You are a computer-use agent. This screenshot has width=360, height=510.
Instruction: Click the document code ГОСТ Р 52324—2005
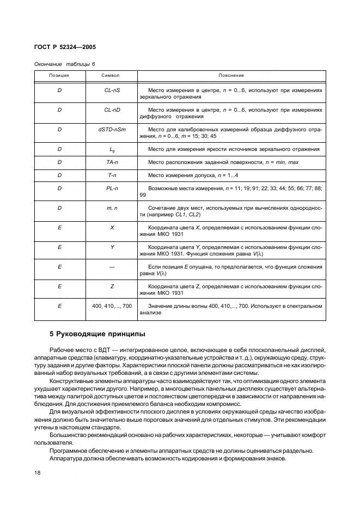point(65,47)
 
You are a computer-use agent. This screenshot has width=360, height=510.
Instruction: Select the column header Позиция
point(59,75)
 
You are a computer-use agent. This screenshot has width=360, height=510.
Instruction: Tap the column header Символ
point(112,75)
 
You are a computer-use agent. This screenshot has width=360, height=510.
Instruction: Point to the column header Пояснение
point(231,75)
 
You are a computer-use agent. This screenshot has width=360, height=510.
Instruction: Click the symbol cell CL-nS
point(112,89)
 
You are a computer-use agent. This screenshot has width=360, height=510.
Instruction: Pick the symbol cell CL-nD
point(112,110)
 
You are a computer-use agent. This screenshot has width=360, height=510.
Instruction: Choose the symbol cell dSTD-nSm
point(112,129)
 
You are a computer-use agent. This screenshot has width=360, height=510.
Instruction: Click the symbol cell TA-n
point(112,162)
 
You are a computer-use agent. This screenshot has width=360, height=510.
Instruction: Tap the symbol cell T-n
point(112,175)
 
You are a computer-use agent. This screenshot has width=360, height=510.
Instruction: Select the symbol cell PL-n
point(112,188)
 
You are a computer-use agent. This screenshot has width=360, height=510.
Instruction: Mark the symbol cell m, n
point(112,208)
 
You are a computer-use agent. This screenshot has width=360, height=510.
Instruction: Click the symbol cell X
point(112,227)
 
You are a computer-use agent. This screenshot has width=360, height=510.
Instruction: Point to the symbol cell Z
point(112,286)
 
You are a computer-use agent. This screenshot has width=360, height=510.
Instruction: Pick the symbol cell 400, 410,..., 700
point(112,306)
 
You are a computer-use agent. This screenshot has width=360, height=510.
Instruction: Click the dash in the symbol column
point(112,267)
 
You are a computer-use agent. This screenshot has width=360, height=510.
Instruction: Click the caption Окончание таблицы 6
point(65,64)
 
